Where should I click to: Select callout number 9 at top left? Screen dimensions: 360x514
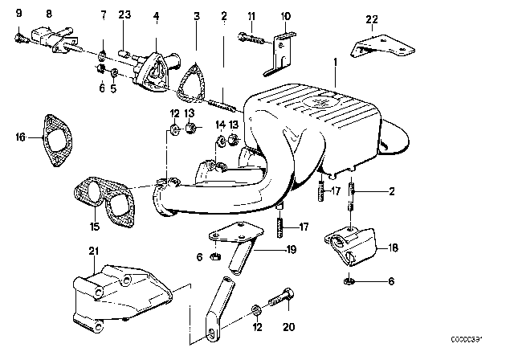coord(18,14)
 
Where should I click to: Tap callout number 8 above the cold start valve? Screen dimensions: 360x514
coord(49,14)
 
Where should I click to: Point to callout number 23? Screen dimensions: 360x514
coord(124,14)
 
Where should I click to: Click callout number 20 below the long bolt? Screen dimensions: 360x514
coord(288,328)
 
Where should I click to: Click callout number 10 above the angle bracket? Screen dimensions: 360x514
coord(287,15)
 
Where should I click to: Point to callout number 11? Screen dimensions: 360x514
coord(251,15)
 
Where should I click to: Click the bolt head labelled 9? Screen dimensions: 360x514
coord(18,36)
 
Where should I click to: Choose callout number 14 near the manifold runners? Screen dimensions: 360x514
coord(218,124)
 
